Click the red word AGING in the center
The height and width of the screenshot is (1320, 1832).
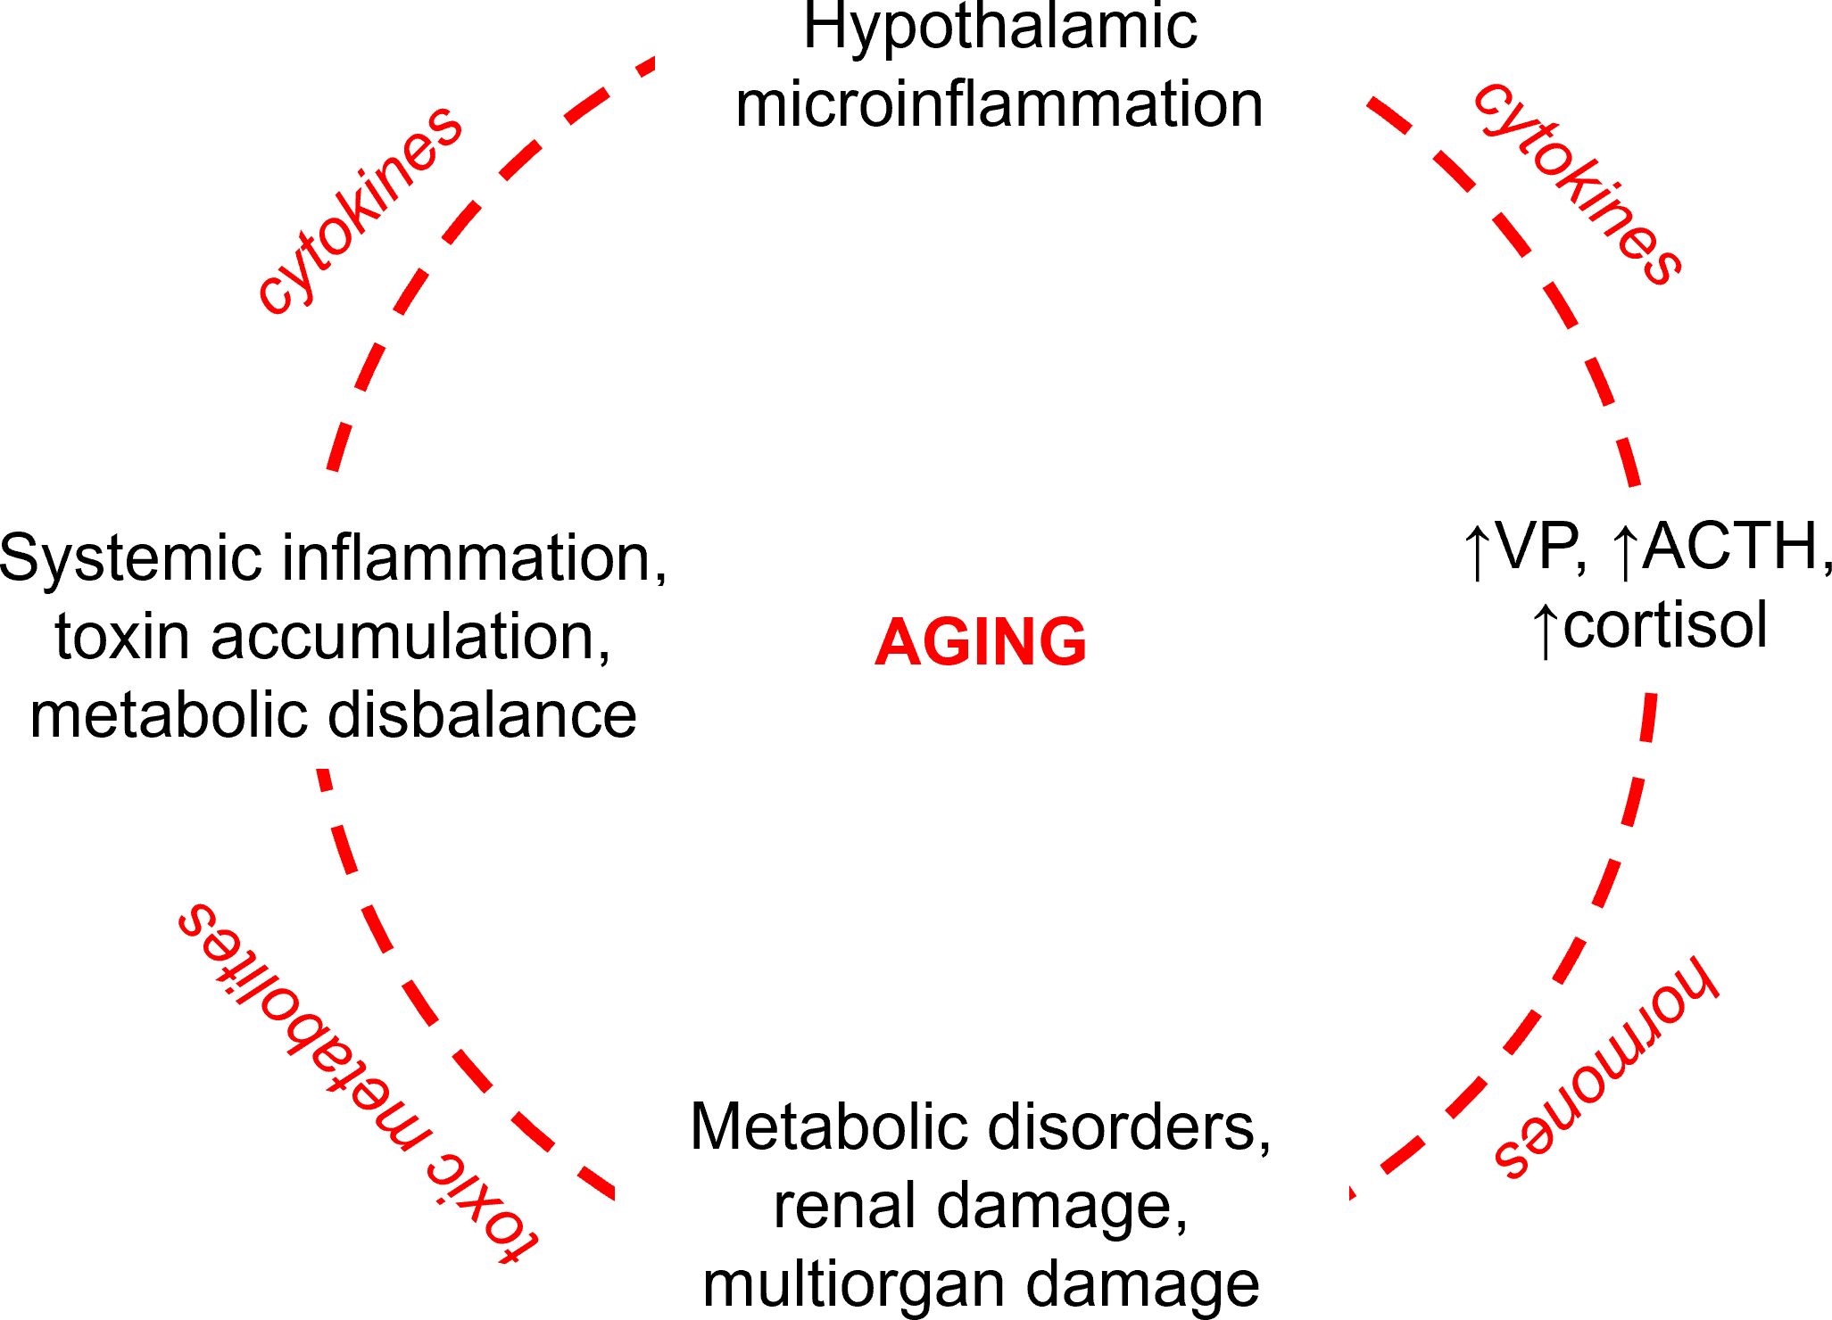(x=981, y=642)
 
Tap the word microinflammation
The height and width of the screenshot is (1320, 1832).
(x=999, y=105)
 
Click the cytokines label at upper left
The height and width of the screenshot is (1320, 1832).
(x=360, y=210)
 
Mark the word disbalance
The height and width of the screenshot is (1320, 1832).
(x=482, y=716)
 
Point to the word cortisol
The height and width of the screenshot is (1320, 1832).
(x=1665, y=626)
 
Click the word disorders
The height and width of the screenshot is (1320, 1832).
(x=1129, y=1127)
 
